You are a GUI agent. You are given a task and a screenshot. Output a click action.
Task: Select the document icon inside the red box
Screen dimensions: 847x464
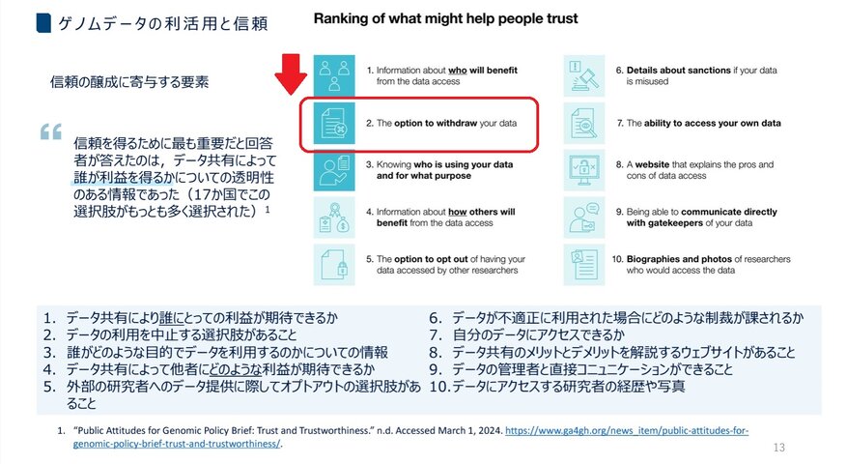coord(334,123)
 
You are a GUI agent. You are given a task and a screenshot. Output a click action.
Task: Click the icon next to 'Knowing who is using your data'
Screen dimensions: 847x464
coord(334,169)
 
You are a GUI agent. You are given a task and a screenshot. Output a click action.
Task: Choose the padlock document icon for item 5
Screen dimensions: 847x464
coord(334,263)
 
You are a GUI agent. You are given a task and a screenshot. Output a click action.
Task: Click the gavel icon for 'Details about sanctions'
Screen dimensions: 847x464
coord(585,75)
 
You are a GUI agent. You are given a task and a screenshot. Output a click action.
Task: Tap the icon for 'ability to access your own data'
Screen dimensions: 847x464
coord(585,123)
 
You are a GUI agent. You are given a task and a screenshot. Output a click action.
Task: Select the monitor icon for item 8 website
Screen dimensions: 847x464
coord(585,169)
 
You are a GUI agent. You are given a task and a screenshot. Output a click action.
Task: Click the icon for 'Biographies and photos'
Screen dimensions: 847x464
coord(585,263)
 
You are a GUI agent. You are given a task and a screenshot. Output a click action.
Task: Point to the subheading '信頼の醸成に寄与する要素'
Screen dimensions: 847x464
coord(128,82)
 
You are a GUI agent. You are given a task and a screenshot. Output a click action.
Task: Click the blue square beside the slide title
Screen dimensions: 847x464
coord(15,20)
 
